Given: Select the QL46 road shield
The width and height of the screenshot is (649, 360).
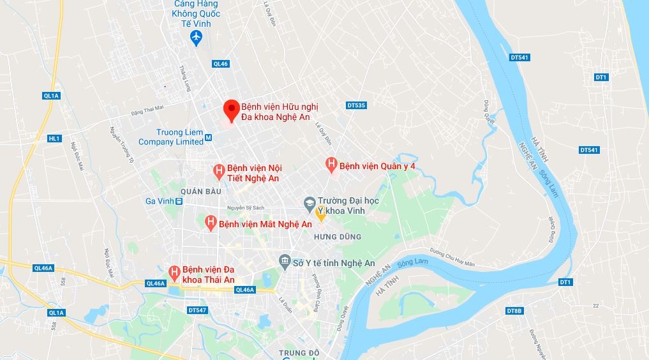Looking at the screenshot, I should [x=221, y=64].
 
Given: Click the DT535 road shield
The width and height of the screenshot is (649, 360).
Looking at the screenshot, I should [x=356, y=105].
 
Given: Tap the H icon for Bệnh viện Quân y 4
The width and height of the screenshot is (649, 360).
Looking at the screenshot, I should [x=331, y=165].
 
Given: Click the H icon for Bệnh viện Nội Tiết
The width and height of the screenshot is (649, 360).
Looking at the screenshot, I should [x=218, y=171].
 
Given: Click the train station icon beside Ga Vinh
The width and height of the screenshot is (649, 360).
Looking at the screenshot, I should [x=179, y=201].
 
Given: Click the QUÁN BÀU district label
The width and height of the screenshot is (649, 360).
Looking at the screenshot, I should [x=200, y=191].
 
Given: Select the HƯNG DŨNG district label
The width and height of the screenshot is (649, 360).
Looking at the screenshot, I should [x=338, y=237].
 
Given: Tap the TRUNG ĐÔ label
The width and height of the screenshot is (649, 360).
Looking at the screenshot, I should [x=299, y=352].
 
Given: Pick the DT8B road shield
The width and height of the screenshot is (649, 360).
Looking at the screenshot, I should [x=514, y=311].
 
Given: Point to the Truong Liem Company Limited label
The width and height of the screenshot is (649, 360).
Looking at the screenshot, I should [x=170, y=137].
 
